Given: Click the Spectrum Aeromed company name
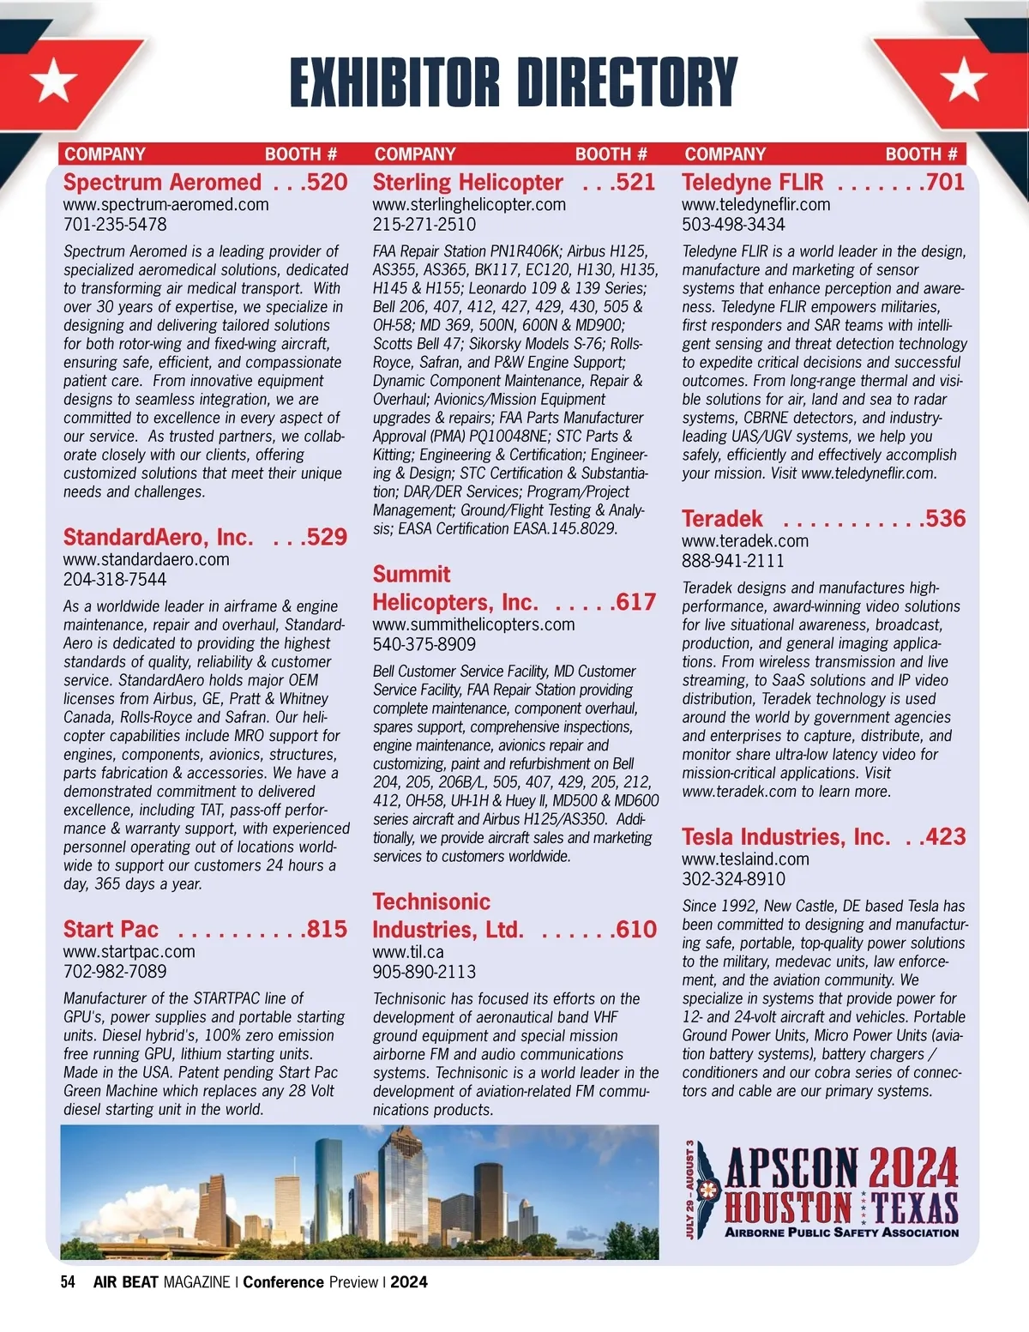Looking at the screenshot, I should coord(162,183).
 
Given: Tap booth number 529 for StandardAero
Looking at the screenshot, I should coord(327,538).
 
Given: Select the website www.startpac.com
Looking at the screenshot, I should coord(129,952).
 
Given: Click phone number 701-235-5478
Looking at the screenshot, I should coord(115,225).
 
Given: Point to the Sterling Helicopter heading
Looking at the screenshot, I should coord(467,183).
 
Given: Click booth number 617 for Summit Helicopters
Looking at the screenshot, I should coord(635,602).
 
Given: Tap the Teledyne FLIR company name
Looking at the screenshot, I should coord(752,183).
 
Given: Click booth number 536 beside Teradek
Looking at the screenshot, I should coord(945,519).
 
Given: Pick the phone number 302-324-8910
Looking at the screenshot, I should coord(733,879).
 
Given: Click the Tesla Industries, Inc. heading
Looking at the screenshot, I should coord(785,837).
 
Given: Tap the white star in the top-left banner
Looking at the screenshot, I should coord(54,81).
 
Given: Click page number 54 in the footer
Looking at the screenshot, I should coord(68,1282).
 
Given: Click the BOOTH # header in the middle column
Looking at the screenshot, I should coord(611,154).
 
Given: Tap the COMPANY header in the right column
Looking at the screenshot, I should coord(725,154).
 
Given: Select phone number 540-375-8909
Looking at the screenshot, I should coord(424,644).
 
